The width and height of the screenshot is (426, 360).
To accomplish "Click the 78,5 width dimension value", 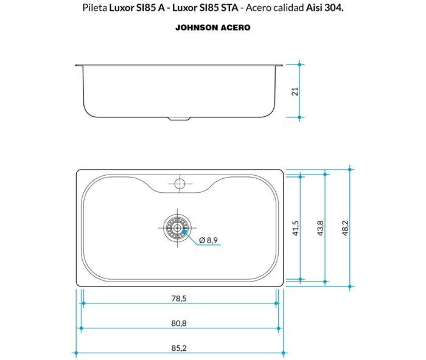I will tap(178, 298).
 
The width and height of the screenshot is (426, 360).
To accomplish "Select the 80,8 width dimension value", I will tap(178, 323).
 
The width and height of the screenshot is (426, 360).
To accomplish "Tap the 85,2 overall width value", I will tap(178, 348).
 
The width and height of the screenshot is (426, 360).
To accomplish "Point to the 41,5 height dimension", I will tap(295, 228).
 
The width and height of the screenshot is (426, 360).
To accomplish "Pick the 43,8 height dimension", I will tap(320, 228).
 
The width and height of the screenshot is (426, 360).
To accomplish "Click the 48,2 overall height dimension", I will tap(345, 228).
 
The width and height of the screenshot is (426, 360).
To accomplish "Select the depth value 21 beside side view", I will tap(295, 91).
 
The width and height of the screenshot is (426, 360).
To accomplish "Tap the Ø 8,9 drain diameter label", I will tap(208, 240).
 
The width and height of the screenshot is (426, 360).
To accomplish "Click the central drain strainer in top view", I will tap(177, 229).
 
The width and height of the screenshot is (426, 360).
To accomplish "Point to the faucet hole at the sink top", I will tap(179, 183).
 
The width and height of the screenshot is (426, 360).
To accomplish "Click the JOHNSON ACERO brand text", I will tap(212, 28).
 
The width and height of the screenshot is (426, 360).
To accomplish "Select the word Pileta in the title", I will tap(94, 9).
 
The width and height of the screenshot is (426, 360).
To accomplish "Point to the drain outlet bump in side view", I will tap(178, 118).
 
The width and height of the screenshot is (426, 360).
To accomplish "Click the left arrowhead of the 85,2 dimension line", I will tap(77, 353).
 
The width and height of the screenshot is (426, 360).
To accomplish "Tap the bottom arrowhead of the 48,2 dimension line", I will tap(351, 286).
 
